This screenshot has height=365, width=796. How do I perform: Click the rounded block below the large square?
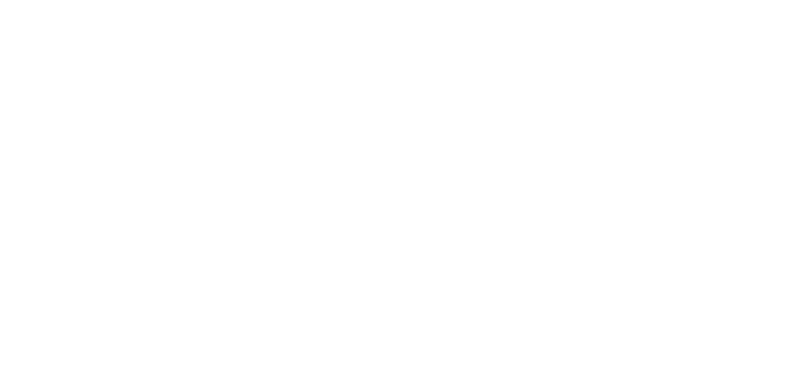(x=410, y=308)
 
